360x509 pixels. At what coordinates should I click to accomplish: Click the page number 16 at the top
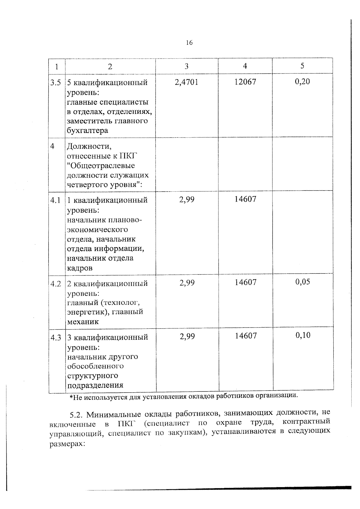[x=189, y=43]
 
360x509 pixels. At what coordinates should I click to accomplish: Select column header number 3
[x=186, y=66]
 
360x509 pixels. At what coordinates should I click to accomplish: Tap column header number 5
[x=302, y=66]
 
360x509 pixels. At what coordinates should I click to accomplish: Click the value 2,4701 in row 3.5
[x=186, y=82]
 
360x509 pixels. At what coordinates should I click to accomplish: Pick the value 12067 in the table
[x=245, y=82]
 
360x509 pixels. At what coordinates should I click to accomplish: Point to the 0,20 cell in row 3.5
[x=302, y=82]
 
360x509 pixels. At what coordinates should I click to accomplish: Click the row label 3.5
[x=55, y=82]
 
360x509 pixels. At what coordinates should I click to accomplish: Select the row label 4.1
[x=55, y=200]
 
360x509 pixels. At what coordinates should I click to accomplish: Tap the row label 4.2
[x=56, y=284]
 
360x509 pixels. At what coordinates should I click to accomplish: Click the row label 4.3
[x=56, y=338]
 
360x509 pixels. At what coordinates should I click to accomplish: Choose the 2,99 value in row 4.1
[x=187, y=199]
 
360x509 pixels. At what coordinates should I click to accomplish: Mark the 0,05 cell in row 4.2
[x=303, y=282]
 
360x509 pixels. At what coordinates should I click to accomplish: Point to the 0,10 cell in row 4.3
[x=303, y=335]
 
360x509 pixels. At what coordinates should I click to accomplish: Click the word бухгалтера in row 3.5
[x=87, y=131]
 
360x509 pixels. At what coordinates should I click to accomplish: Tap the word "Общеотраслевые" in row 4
[x=101, y=166]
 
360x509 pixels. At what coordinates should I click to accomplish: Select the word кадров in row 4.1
[x=79, y=268]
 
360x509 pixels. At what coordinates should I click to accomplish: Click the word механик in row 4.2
[x=83, y=322]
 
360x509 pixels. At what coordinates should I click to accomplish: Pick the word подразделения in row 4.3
[x=95, y=385]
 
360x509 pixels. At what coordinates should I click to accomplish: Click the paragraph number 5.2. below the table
[x=76, y=415]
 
